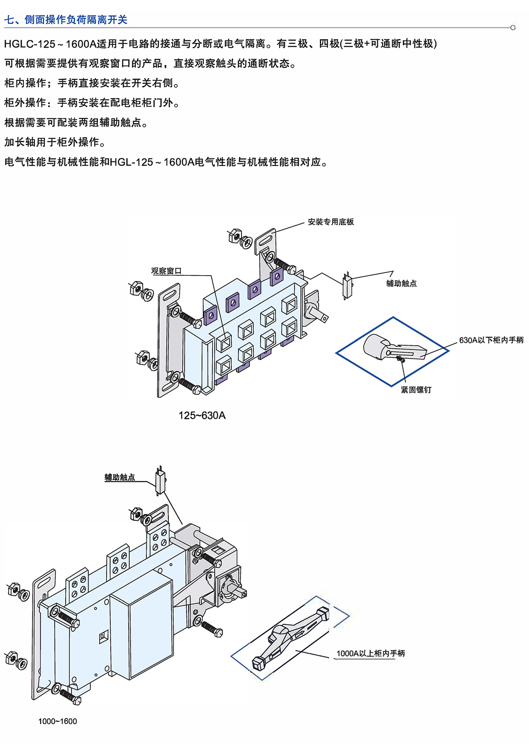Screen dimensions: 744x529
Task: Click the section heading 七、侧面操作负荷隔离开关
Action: [x=66, y=20]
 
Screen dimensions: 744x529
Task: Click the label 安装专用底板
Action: [x=331, y=222]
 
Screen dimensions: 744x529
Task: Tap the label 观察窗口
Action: [x=166, y=271]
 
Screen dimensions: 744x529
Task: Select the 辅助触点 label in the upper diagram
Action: [x=401, y=284]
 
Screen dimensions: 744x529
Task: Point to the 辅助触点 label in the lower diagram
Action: [x=119, y=477]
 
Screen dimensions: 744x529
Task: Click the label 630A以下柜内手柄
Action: [x=491, y=340]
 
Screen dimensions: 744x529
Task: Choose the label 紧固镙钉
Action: [x=416, y=390]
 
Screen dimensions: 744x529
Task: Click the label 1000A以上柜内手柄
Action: [x=370, y=653]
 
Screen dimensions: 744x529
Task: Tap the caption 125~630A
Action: [x=202, y=416]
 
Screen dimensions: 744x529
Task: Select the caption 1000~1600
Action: [x=57, y=721]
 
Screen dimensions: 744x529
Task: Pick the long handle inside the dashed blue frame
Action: [x=291, y=636]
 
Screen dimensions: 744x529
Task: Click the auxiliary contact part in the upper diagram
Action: [x=347, y=285]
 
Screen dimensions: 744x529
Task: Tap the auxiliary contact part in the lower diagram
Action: [x=160, y=481]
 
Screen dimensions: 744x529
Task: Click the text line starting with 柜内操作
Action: [x=92, y=83]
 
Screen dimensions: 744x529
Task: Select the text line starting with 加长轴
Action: [x=55, y=142]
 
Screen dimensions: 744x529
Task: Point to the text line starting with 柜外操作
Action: [x=92, y=103]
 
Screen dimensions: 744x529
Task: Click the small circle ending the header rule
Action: [x=513, y=28]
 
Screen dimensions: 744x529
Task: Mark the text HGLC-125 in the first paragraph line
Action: [x=30, y=44]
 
